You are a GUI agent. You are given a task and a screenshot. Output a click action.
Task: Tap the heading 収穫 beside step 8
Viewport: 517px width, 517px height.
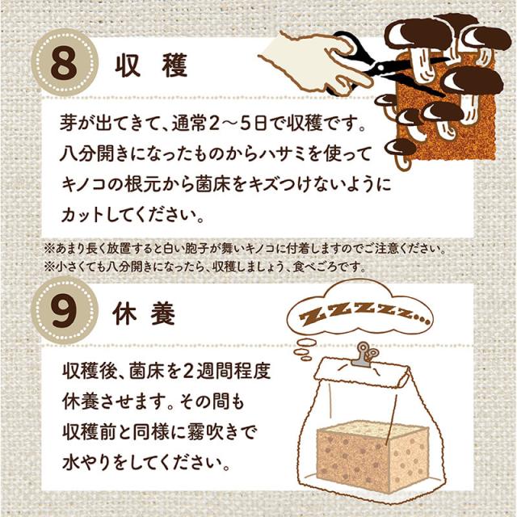[x=151, y=65]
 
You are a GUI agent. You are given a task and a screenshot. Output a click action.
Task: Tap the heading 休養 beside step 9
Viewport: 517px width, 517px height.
[x=144, y=313]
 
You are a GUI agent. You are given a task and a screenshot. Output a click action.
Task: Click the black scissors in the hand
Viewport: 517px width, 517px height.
[x=389, y=66]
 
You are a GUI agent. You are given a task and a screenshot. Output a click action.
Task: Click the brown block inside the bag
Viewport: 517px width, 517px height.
[x=372, y=454]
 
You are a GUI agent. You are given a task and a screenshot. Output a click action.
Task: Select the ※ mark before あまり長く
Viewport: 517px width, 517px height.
[x=49, y=249]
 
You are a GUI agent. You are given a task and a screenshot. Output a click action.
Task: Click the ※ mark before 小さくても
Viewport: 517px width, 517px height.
[x=49, y=267]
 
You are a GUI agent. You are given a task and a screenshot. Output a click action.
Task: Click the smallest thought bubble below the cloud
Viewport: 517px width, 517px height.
[x=307, y=358]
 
